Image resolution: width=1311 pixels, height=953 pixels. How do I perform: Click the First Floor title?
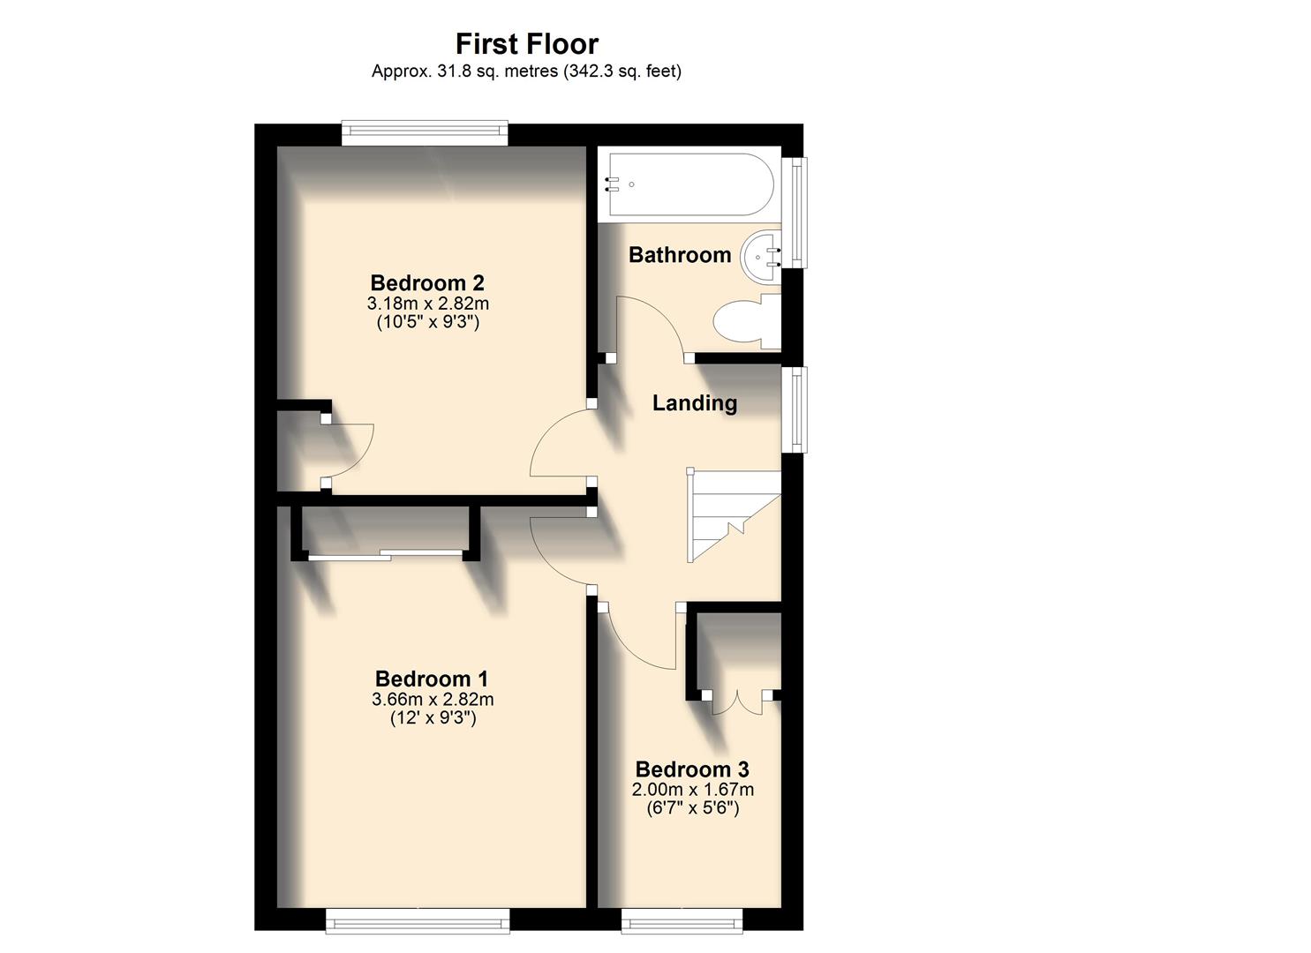click(x=526, y=43)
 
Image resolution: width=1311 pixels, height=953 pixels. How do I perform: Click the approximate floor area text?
click(x=526, y=71)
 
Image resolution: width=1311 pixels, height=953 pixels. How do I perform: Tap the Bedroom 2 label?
click(x=427, y=283)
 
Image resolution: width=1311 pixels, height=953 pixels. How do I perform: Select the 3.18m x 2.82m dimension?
click(x=428, y=304)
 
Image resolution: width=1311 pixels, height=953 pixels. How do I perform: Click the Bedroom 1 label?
click(x=432, y=679)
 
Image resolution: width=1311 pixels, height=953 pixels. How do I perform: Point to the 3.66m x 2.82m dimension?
click(x=433, y=700)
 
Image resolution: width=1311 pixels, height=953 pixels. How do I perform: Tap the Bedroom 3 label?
click(x=692, y=769)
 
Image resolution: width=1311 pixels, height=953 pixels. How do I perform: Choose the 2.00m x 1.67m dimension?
click(x=693, y=790)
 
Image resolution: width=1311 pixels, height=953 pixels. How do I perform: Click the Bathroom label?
click(x=680, y=255)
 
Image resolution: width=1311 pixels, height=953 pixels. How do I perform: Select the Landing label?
click(x=695, y=403)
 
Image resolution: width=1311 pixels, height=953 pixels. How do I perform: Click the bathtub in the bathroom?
click(x=688, y=184)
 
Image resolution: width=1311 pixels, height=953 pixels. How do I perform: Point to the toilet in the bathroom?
click(x=747, y=320)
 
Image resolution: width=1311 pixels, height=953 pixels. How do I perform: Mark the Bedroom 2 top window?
click(x=426, y=133)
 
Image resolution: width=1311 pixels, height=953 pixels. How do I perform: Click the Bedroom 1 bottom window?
click(x=418, y=921)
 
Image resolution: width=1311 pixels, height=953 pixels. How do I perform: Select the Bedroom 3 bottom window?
click(x=682, y=921)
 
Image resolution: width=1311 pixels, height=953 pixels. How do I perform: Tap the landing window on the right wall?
click(x=797, y=409)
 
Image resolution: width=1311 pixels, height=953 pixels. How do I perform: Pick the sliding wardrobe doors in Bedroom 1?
click(x=385, y=554)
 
